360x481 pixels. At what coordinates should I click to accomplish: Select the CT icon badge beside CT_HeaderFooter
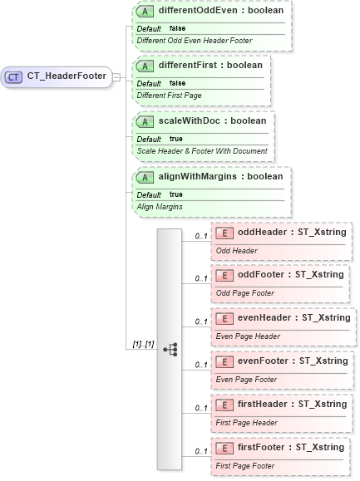pos(14,76)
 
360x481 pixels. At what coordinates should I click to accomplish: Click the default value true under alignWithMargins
pos(176,194)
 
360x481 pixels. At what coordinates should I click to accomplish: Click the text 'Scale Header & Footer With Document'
pos(202,151)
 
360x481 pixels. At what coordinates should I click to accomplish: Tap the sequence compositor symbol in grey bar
pos(170,349)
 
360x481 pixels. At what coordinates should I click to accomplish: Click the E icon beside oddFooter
pos(224,274)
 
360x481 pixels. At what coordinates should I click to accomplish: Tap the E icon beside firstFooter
pos(224,447)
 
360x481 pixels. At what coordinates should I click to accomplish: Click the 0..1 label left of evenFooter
pos(201,366)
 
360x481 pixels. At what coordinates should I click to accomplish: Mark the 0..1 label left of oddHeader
pos(201,236)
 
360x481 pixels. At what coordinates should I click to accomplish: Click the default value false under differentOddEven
pos(177,28)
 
